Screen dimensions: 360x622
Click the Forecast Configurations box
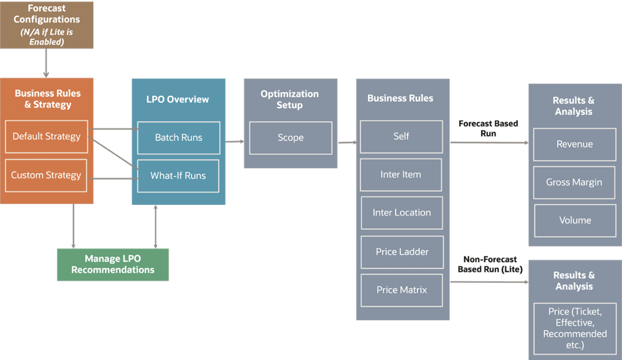point(47,25)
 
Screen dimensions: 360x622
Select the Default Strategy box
point(47,136)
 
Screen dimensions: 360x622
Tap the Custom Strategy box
point(46,175)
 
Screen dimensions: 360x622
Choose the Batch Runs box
point(179,137)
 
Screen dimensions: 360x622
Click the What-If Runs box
point(178,176)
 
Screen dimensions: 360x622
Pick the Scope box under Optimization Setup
point(291,137)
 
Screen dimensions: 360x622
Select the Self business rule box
point(401,136)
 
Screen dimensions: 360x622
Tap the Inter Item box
point(401,174)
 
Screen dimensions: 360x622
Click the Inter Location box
point(402,212)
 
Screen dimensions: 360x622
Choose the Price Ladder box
point(402,252)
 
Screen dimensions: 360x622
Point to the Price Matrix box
point(402,290)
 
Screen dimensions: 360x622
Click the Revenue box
point(574,144)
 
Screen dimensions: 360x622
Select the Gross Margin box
point(574,182)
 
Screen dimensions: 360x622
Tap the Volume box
point(575,220)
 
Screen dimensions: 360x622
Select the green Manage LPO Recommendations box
point(113,264)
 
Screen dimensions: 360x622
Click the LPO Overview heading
point(178,99)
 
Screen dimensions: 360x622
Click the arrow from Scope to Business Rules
point(346,143)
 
